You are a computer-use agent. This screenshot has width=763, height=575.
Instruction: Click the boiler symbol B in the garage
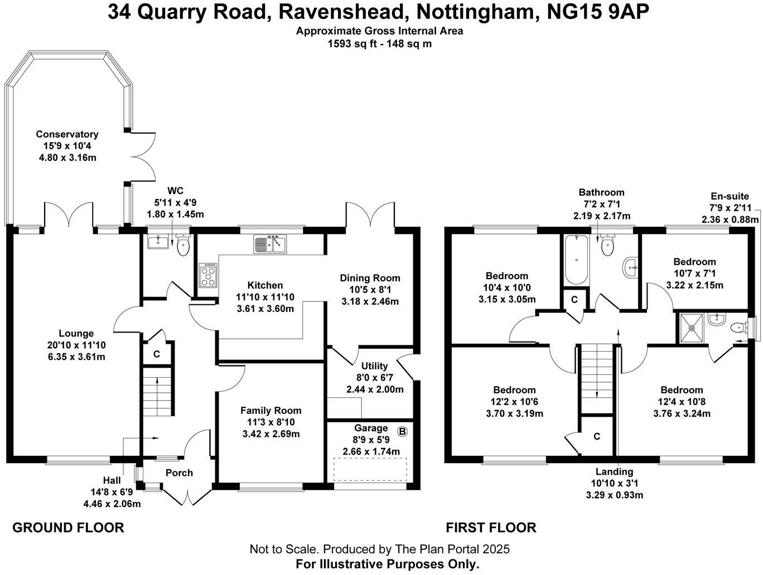[x=402, y=431]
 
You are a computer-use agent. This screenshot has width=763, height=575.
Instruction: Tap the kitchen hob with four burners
[x=209, y=275]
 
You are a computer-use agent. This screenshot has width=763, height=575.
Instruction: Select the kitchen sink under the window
[x=269, y=244]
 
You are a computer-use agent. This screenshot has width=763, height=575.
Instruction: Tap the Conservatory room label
[x=67, y=134]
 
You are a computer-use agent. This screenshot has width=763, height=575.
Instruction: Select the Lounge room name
[x=76, y=334]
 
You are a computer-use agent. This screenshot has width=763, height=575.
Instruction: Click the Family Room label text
[x=271, y=411]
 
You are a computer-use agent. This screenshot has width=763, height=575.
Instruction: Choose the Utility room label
[x=374, y=366]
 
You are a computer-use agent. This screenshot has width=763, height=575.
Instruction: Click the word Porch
[x=179, y=473]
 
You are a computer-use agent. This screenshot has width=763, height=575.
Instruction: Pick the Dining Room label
[x=370, y=278]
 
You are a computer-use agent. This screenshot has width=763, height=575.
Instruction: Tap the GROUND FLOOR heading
[x=68, y=528]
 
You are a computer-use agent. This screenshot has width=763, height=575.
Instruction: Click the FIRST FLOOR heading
[x=491, y=528]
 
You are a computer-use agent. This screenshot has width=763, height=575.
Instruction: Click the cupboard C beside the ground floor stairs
[x=157, y=354]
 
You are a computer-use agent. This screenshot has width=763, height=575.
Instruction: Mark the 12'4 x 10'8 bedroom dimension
[x=682, y=402]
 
